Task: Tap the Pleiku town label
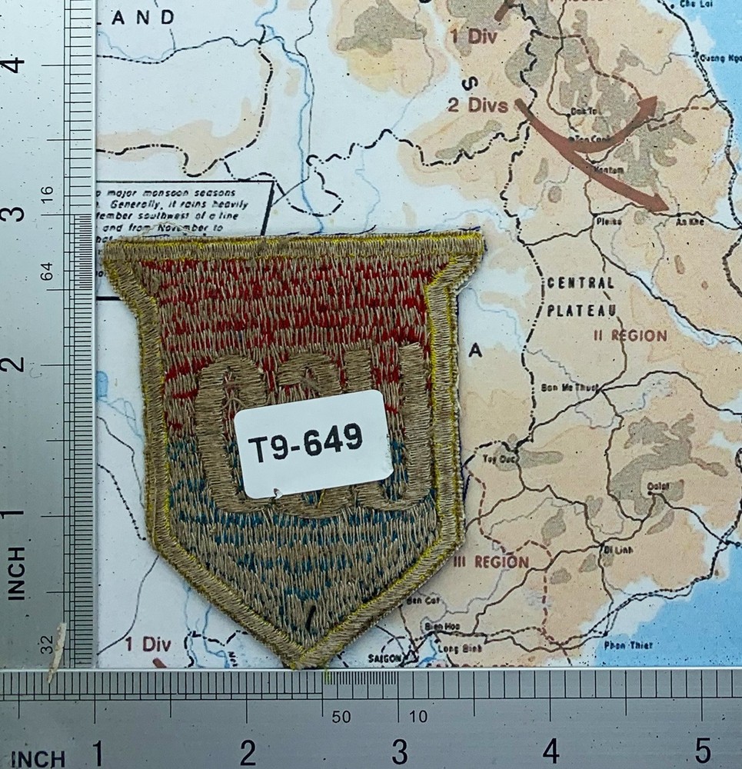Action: (x=607, y=221)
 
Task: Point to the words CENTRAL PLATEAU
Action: (x=581, y=296)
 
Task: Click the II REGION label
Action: (x=630, y=336)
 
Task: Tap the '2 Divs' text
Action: (x=477, y=106)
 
